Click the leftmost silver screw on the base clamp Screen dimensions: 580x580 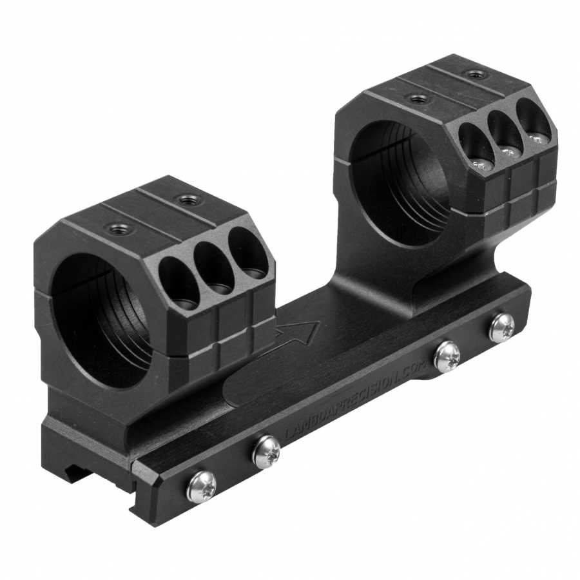[x=200, y=487]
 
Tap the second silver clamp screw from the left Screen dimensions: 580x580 [x=266, y=452]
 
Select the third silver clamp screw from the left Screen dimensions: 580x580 [x=447, y=356]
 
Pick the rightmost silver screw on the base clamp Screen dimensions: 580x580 [x=501, y=328]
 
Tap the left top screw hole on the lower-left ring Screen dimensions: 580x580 [x=119, y=227]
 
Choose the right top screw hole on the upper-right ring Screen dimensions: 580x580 [x=476, y=75]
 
